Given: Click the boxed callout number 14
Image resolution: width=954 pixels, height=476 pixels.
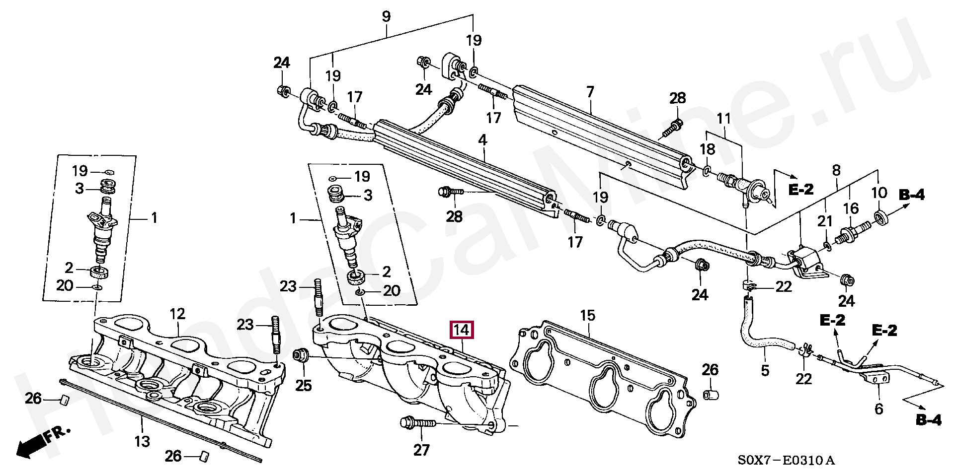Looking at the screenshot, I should coord(462,330).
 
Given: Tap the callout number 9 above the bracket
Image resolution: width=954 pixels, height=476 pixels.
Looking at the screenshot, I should coord(386,17).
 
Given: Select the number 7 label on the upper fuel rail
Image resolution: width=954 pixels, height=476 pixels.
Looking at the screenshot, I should coord(590,92).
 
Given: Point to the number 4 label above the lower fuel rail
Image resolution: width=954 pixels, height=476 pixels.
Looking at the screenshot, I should coord(482,141).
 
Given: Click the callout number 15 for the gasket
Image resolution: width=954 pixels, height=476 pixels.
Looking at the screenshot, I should coord(587,315).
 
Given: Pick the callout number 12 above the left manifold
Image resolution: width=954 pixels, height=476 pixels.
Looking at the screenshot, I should coord(177,314).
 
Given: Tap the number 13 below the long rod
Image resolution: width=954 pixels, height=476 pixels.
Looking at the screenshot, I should coord(142,440).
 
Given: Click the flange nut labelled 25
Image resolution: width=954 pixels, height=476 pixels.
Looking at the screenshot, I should coord(300,355).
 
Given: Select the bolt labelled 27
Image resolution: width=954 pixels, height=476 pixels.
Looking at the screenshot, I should coord(417,423).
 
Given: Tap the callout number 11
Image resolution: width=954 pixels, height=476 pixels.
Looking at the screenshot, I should coord(724,119).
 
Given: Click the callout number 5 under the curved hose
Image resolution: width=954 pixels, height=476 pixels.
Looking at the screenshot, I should coord(765,370).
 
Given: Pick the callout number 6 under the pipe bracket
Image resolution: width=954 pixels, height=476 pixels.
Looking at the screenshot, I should coord(878,409).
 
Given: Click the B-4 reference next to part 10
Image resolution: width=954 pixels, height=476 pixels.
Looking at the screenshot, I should coord(912,196).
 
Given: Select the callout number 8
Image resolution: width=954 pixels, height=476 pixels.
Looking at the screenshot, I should coord(836,171).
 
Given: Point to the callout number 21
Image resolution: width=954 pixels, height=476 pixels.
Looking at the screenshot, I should coord(825,222).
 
